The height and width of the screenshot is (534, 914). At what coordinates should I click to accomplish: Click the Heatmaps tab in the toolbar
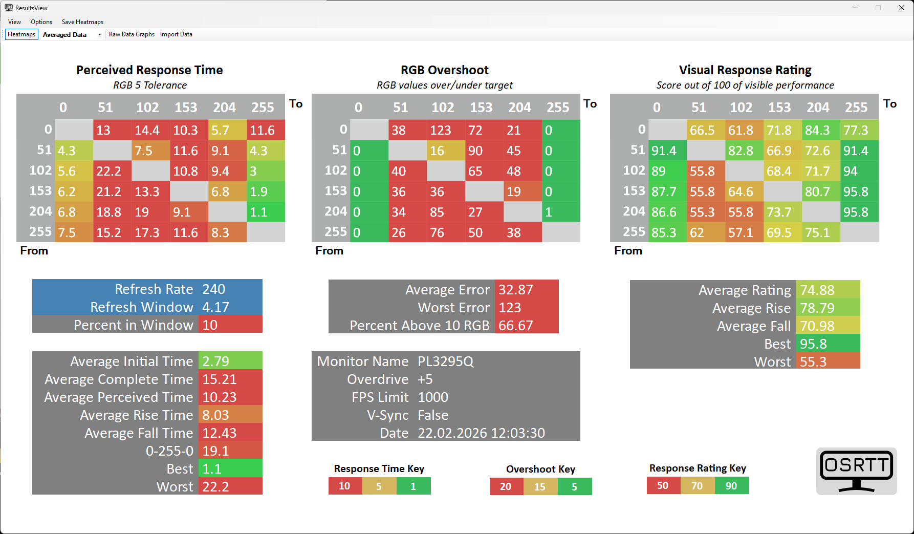[21, 34]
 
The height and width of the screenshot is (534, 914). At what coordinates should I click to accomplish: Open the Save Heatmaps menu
[82, 22]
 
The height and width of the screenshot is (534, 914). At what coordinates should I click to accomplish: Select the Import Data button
[176, 34]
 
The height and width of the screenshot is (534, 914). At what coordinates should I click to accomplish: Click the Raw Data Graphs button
[132, 34]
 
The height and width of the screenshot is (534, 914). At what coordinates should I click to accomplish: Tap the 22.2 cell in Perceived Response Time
[112, 171]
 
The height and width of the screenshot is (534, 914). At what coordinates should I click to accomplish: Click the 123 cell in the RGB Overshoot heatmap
[446, 130]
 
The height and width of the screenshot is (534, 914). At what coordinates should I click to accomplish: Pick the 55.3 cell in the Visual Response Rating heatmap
[706, 212]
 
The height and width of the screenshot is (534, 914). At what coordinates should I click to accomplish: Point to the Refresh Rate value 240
[213, 289]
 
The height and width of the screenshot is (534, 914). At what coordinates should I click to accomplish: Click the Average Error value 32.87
[516, 290]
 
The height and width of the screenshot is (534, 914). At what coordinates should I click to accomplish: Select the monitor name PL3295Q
[446, 361]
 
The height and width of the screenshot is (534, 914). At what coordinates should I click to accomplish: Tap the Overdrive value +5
[425, 379]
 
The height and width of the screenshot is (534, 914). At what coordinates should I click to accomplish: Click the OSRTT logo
[856, 471]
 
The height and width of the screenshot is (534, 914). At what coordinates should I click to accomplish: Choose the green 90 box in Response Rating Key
[731, 486]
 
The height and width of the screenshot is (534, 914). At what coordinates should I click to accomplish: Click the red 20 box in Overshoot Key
[506, 486]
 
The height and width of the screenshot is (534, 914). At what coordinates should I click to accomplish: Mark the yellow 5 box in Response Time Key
[379, 486]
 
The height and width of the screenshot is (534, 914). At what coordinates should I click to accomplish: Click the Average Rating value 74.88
[817, 290]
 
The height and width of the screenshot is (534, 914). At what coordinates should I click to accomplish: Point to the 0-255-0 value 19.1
[215, 451]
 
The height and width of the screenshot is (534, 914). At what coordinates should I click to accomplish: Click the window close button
[902, 8]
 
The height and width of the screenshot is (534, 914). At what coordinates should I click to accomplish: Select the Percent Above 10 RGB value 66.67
[516, 326]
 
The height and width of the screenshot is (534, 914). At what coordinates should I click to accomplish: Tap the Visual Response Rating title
[745, 70]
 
